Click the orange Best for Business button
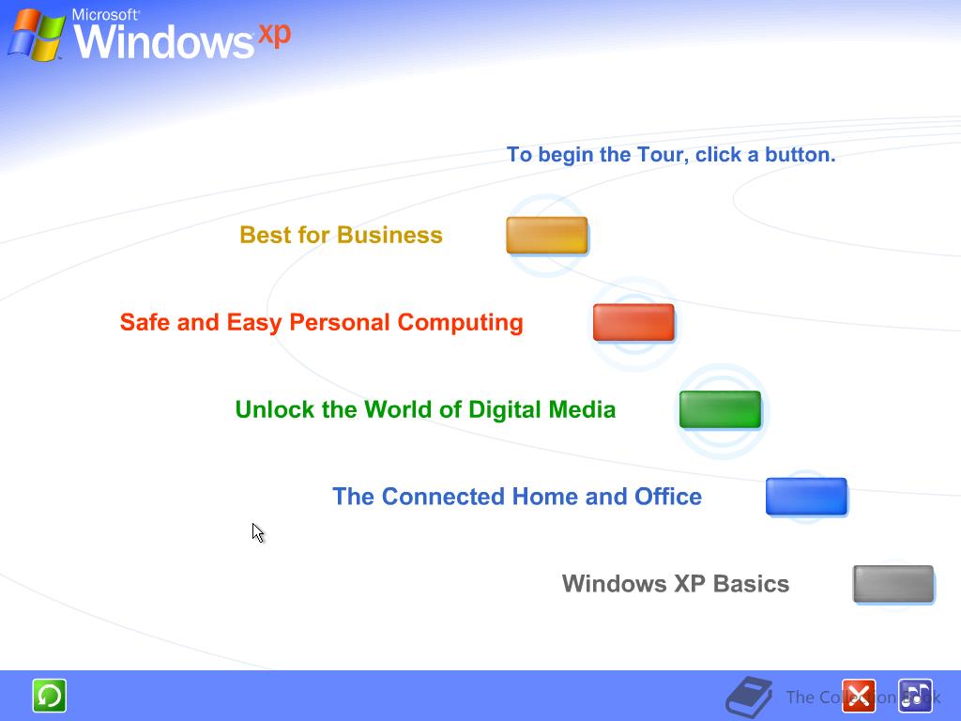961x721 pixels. coord(546,235)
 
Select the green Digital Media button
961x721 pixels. coord(720,409)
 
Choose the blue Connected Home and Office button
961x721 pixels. coord(806,497)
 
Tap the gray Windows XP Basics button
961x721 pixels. coord(892,584)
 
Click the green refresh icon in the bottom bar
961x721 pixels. coord(49,696)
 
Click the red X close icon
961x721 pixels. coord(858,696)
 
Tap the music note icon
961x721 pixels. coord(914,696)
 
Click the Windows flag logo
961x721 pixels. coord(36,35)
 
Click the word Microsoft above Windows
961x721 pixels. coord(105,15)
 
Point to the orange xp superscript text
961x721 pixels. coord(274,33)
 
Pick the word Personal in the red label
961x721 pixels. coord(340,322)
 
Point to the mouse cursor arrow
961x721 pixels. coord(257,532)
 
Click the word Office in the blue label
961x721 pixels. coord(668,497)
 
